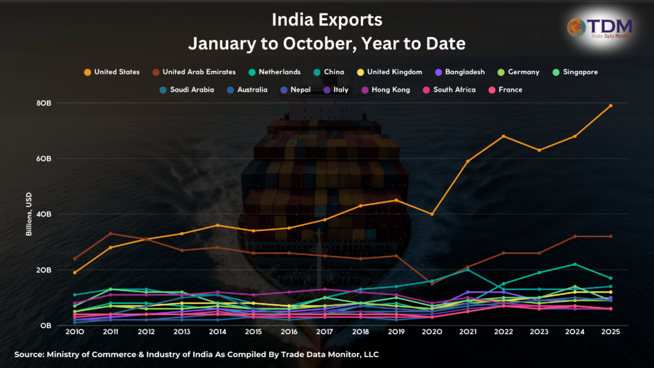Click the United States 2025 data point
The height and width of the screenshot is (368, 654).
pos(610,106)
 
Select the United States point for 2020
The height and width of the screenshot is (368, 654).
pos(432,214)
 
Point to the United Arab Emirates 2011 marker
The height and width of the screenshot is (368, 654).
pos(111,234)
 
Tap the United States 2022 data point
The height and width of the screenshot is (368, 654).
pos(504,136)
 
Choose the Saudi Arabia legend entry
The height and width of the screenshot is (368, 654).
pos(187,90)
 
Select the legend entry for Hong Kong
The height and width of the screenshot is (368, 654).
pos(386,90)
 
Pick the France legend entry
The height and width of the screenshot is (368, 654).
pos(506,90)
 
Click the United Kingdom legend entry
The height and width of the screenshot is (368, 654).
pos(390,72)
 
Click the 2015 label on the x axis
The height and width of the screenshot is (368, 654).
pos(253,332)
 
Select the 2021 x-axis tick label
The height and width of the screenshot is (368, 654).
pos(468,332)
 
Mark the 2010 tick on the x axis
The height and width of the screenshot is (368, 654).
pos(75,332)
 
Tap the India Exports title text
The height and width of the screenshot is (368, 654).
pos(327,20)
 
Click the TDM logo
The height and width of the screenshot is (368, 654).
pos(601,28)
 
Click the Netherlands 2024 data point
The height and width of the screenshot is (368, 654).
pos(575,264)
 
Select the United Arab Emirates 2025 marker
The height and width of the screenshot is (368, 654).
pos(610,237)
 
